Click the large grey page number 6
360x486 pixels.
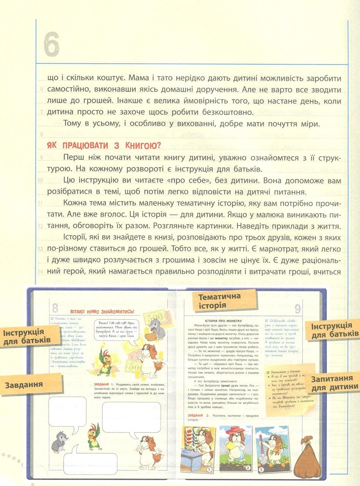pyautogui.click(x=52, y=44)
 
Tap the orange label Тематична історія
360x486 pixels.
pyautogui.click(x=220, y=300)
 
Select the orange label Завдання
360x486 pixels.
pyautogui.click(x=24, y=385)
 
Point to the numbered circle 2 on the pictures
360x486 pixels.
pyautogui.click(x=248, y=468)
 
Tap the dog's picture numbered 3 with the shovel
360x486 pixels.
pyautogui.click(x=271, y=449)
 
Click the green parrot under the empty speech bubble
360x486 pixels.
pyautogui.click(x=94, y=437)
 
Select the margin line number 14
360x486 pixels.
pyautogui.click(x=40, y=272)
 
